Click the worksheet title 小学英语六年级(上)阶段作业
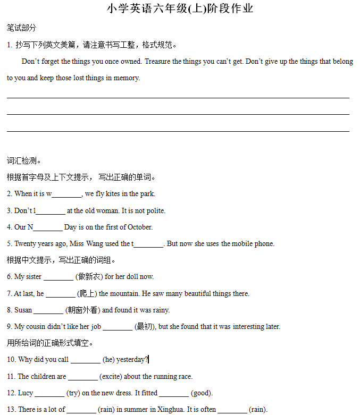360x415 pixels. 180,9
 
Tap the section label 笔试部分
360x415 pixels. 21,28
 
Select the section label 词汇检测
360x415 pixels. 24,161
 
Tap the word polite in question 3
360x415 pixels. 155,211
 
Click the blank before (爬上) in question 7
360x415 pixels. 60,294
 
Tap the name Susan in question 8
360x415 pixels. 23,310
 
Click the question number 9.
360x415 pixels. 10,327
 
